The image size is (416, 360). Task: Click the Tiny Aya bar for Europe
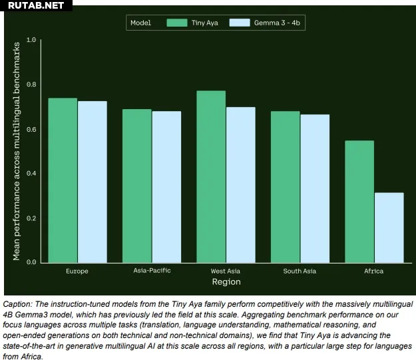(x=63, y=180)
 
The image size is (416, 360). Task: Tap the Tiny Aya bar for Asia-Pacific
(x=136, y=186)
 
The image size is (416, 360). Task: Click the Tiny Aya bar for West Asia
(x=211, y=176)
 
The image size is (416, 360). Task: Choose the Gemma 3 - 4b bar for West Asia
(x=240, y=184)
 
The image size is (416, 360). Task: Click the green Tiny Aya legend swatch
(x=176, y=23)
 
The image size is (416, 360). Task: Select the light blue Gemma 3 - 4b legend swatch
(x=239, y=23)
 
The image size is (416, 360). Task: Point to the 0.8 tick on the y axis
(x=31, y=85)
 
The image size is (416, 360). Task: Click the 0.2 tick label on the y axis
(x=31, y=218)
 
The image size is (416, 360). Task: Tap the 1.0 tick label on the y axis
(x=31, y=40)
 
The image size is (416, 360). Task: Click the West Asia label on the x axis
(x=226, y=271)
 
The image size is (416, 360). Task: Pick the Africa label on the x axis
(x=374, y=271)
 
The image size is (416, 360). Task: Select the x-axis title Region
(x=226, y=282)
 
